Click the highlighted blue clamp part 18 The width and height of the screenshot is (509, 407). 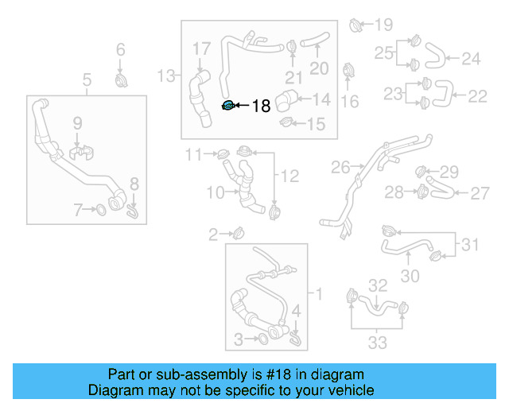[x=227, y=106]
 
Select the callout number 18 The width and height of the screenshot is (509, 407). [x=261, y=106]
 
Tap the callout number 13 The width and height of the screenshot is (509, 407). [x=165, y=76]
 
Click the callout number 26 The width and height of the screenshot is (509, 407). [x=340, y=168]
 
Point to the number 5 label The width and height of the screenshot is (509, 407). [x=87, y=79]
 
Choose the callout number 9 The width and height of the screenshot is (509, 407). [x=77, y=123]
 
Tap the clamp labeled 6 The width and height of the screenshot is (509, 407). [x=122, y=80]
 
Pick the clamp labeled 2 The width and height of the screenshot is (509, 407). [x=238, y=233]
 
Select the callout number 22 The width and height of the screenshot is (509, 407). [x=477, y=96]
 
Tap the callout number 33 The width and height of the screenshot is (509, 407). [x=377, y=343]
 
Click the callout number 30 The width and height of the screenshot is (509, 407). [x=410, y=276]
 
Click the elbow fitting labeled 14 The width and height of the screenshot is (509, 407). [x=288, y=100]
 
